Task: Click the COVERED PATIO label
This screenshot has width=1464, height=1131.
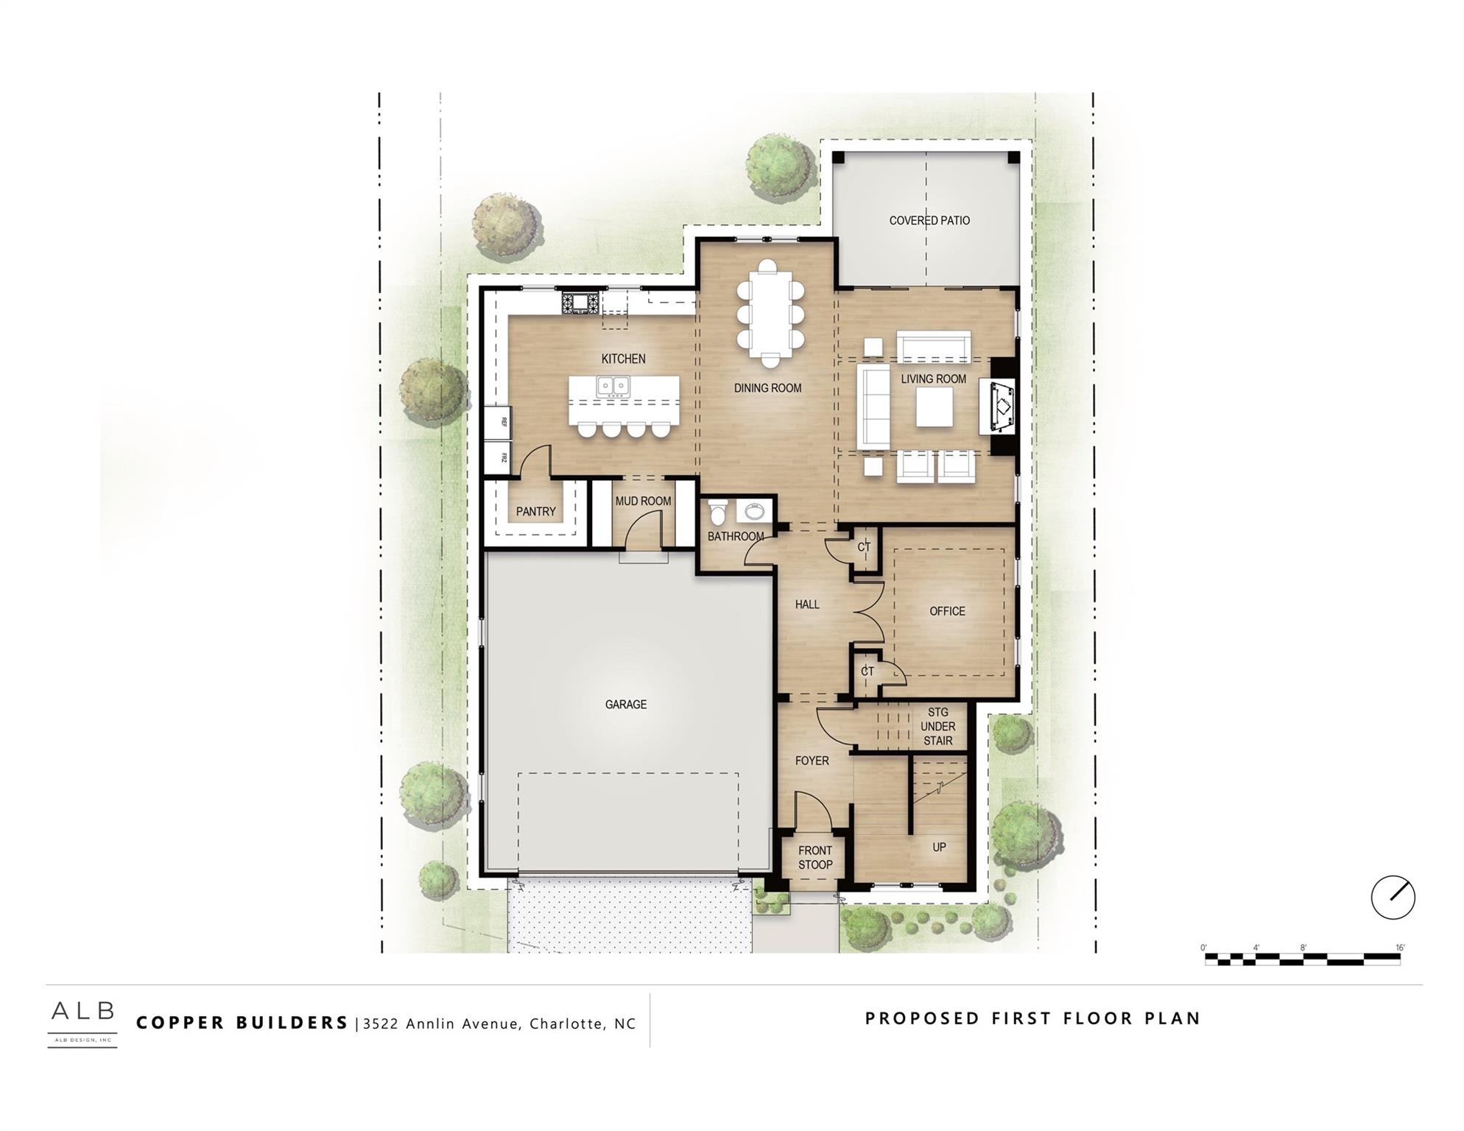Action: (x=929, y=220)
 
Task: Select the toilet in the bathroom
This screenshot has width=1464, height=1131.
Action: (x=717, y=512)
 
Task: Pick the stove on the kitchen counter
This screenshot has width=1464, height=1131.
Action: (x=581, y=302)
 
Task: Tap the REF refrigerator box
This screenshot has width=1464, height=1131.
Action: (x=499, y=422)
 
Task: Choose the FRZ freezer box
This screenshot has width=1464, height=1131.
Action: (x=499, y=457)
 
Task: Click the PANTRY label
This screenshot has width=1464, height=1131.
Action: (x=535, y=511)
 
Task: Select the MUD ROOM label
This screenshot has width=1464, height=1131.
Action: (x=643, y=501)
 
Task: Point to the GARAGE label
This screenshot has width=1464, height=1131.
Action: (x=626, y=705)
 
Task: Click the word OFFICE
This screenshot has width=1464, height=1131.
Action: (x=947, y=611)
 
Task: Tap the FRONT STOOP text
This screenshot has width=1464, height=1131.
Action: (x=815, y=858)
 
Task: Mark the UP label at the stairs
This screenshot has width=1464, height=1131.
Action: (x=939, y=847)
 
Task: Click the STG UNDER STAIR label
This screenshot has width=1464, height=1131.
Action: (x=937, y=726)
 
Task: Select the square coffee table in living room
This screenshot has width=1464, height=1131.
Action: (x=934, y=406)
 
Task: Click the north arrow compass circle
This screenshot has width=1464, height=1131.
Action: (x=1393, y=897)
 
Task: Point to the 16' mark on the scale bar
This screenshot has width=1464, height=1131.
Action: (x=1400, y=948)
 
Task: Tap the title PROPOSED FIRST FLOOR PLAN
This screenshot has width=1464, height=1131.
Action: (x=1032, y=1018)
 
